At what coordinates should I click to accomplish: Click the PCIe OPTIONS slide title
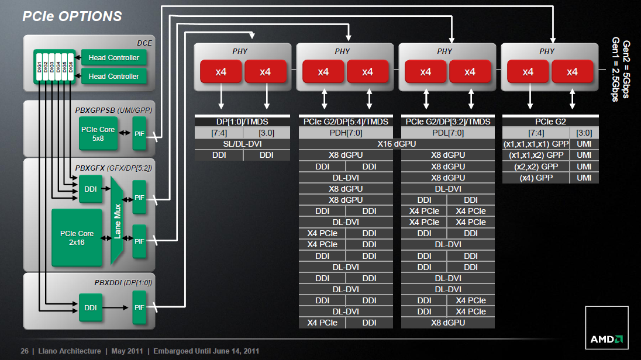point(72,16)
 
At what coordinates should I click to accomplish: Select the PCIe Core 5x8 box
point(98,134)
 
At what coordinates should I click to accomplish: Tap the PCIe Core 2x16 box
point(77,237)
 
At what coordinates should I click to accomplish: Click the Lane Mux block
point(118,221)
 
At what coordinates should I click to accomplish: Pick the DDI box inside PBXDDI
point(90,307)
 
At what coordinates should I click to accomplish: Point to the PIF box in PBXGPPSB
point(139,134)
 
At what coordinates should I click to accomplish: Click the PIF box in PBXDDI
point(139,307)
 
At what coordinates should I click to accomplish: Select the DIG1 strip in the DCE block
point(40,67)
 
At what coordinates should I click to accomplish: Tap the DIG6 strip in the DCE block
point(71,67)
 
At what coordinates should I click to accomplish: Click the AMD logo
point(606,328)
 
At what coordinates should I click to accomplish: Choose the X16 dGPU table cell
point(397,144)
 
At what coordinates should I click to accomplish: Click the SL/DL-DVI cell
point(242,144)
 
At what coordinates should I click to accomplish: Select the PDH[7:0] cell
point(346,133)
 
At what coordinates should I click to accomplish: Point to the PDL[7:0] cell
point(448,133)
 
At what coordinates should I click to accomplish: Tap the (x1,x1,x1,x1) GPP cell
point(536,144)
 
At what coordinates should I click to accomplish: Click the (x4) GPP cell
point(536,178)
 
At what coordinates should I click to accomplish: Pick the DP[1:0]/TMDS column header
point(242,122)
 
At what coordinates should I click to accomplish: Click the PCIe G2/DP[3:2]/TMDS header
point(448,122)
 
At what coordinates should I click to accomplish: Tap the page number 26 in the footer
point(25,351)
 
